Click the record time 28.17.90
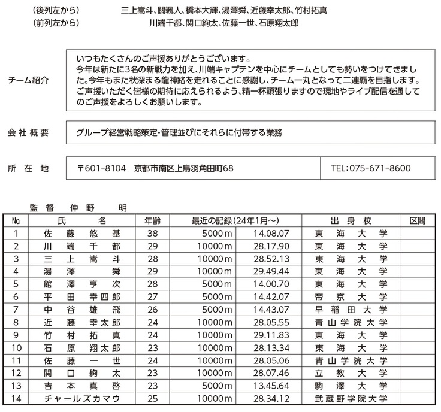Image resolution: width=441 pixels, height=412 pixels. coord(271,246)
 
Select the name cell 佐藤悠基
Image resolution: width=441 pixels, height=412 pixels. coord(82,234)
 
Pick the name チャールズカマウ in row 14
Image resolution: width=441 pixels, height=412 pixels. coord(82,398)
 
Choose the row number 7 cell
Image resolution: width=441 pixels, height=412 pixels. coord(16,310)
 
